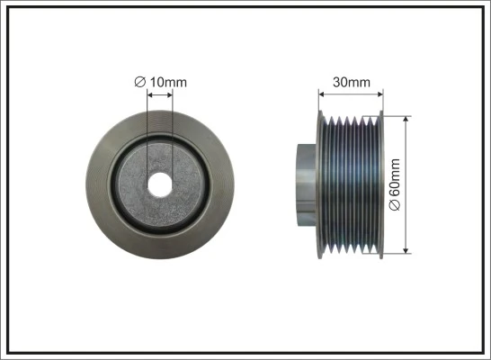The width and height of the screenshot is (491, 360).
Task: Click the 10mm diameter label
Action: pyautogui.click(x=166, y=83)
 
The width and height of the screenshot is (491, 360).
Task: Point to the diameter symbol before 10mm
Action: pyautogui.click(x=140, y=83)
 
